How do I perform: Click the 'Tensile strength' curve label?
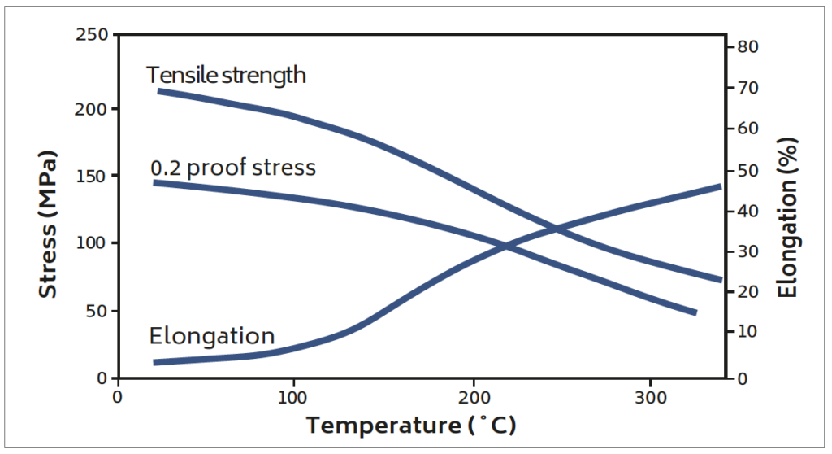pyautogui.click(x=226, y=76)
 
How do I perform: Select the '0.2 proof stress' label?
pyautogui.click(x=233, y=168)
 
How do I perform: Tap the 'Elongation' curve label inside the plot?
pyautogui.click(x=211, y=336)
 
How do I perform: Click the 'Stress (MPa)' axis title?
pyautogui.click(x=49, y=223)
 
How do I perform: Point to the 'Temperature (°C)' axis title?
pyautogui.click(x=411, y=425)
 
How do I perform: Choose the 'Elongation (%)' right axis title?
pyautogui.click(x=786, y=218)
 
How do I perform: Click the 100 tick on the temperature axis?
pyautogui.click(x=292, y=397)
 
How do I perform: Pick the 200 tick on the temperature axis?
pyautogui.click(x=473, y=397)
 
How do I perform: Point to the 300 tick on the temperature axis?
pyautogui.click(x=650, y=397)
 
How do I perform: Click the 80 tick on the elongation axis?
pyautogui.click(x=747, y=47)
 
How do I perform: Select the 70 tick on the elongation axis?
pyautogui.click(x=747, y=88)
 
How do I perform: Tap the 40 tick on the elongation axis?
pyautogui.click(x=747, y=211)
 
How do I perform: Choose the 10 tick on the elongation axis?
pyautogui.click(x=747, y=332)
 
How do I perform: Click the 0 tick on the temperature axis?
pyautogui.click(x=118, y=397)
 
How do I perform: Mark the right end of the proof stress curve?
pyautogui.click(x=695, y=312)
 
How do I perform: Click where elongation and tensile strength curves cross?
pyautogui.click(x=557, y=229)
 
